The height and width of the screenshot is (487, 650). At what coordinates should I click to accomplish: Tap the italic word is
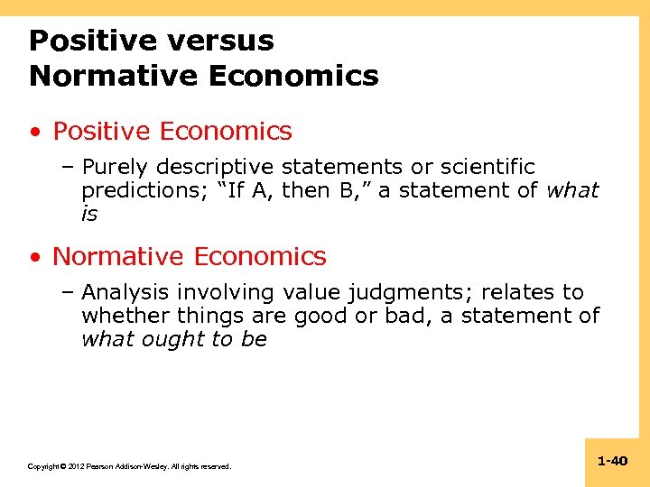tap(89, 215)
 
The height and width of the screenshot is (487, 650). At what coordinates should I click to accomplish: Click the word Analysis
tap(125, 292)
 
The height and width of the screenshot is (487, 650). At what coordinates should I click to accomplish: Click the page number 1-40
tap(612, 461)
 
